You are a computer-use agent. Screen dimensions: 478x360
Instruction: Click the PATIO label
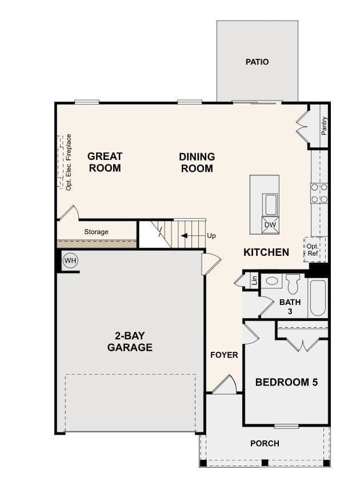coord(257,62)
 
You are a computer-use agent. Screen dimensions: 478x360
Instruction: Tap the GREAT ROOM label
coord(105,162)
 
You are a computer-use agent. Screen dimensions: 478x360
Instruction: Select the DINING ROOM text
coord(197,162)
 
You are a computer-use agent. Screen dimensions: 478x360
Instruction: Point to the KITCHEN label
coord(266,252)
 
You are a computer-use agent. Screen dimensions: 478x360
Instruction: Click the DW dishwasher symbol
coord(270,225)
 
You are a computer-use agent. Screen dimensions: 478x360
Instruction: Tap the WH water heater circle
coord(70,261)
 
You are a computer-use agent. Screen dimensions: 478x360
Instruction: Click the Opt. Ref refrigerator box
coord(313,249)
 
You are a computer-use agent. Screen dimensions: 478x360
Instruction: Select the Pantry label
coord(324,125)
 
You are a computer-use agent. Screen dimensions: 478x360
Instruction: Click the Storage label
coord(96,232)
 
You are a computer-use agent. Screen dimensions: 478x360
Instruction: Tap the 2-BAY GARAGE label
coord(130,341)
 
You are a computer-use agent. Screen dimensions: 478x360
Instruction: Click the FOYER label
coord(224,355)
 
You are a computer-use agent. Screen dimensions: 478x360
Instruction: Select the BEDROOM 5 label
coord(286,382)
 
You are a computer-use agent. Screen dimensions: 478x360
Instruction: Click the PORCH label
coord(265,443)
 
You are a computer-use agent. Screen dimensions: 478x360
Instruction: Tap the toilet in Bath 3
coord(293,283)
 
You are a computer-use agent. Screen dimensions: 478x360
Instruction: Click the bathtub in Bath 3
coord(318,298)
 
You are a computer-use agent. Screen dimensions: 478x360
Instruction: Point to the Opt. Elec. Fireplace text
coord(69,162)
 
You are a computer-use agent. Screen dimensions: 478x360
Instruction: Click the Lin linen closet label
coord(254,280)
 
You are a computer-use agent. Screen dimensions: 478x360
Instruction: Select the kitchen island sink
coord(270,204)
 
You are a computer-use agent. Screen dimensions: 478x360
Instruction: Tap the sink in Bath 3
coord(272,281)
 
